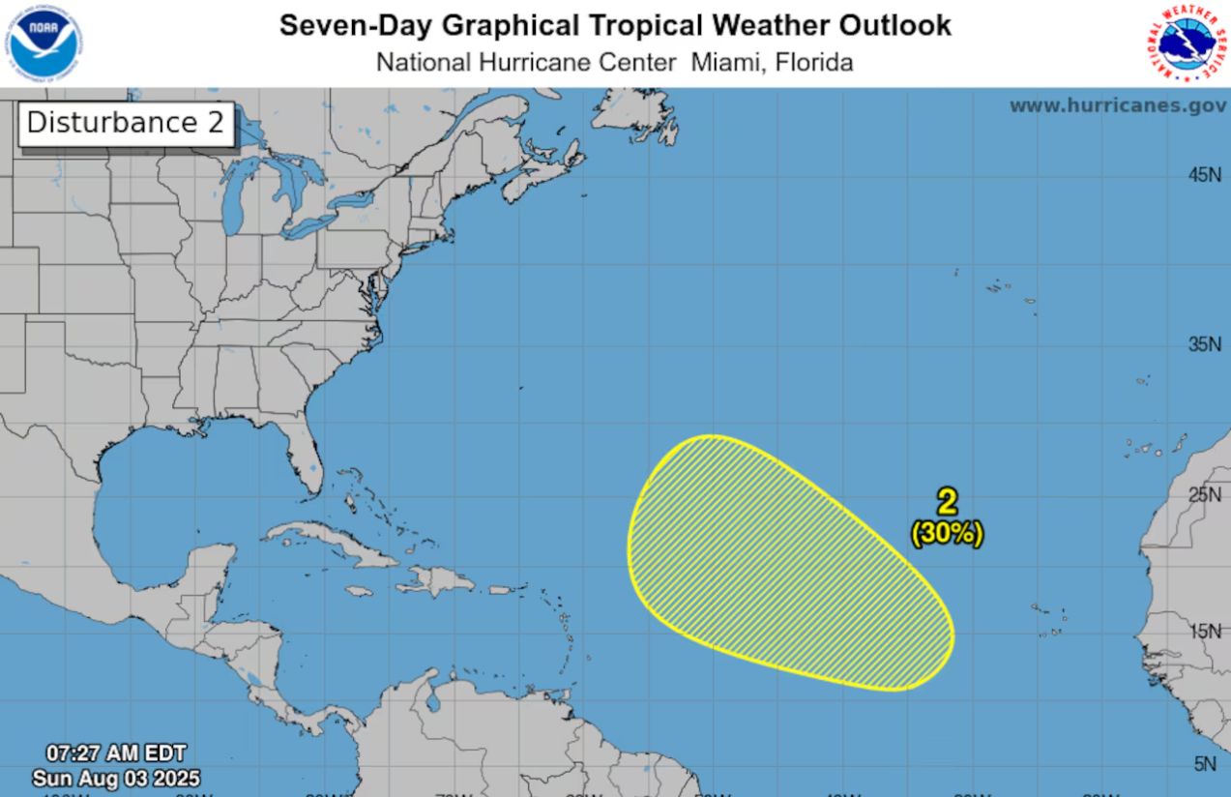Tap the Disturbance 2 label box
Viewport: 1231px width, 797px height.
pos(126,124)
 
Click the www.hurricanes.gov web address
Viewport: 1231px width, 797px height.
pos(1117,105)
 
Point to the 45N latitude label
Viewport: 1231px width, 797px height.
pos(1205,175)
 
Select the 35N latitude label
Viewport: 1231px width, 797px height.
pos(1205,344)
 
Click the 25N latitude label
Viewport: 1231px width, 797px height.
pos(1205,494)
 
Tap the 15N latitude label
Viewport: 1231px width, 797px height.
pos(1205,631)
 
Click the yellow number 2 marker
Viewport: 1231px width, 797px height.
pos(947,501)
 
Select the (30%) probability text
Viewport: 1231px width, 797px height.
pos(947,533)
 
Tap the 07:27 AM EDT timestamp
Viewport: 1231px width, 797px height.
pos(116,753)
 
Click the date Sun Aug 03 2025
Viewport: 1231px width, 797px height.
pos(116,778)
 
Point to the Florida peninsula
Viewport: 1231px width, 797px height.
pos(300,464)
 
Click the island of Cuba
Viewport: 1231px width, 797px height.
pos(329,542)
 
